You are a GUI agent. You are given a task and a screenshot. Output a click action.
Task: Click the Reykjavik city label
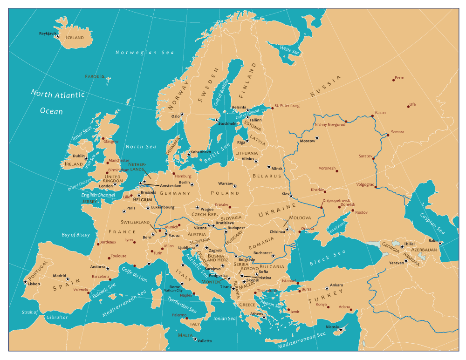pyautogui.click(x=47, y=34)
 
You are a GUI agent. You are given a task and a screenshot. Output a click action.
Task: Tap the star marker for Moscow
pyautogui.click(x=317, y=137)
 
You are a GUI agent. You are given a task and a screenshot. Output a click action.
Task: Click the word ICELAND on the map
pyautogui.click(x=75, y=38)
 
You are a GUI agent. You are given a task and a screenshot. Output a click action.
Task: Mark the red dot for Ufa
pyautogui.click(x=408, y=107)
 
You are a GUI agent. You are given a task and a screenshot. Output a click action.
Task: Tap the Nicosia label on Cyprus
pyautogui.click(x=332, y=326)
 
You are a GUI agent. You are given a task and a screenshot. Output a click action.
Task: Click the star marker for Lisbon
pyautogui.click(x=25, y=282)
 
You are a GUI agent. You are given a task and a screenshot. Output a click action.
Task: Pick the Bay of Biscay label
pyautogui.click(x=75, y=235)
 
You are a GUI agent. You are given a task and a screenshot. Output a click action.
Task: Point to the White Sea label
pyautogui.click(x=289, y=50)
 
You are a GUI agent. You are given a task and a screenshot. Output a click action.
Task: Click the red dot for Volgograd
pyautogui.click(x=376, y=188)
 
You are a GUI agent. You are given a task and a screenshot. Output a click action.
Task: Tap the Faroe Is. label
pyautogui.click(x=95, y=76)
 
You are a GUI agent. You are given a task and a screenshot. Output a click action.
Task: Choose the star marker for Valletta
pyautogui.click(x=195, y=339)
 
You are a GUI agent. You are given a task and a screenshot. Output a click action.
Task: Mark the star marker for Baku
pyautogui.click(x=440, y=243)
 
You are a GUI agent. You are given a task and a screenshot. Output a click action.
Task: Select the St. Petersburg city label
pyautogui.click(x=287, y=106)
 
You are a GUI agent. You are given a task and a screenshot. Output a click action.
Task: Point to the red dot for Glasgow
pyautogui.click(x=103, y=138)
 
